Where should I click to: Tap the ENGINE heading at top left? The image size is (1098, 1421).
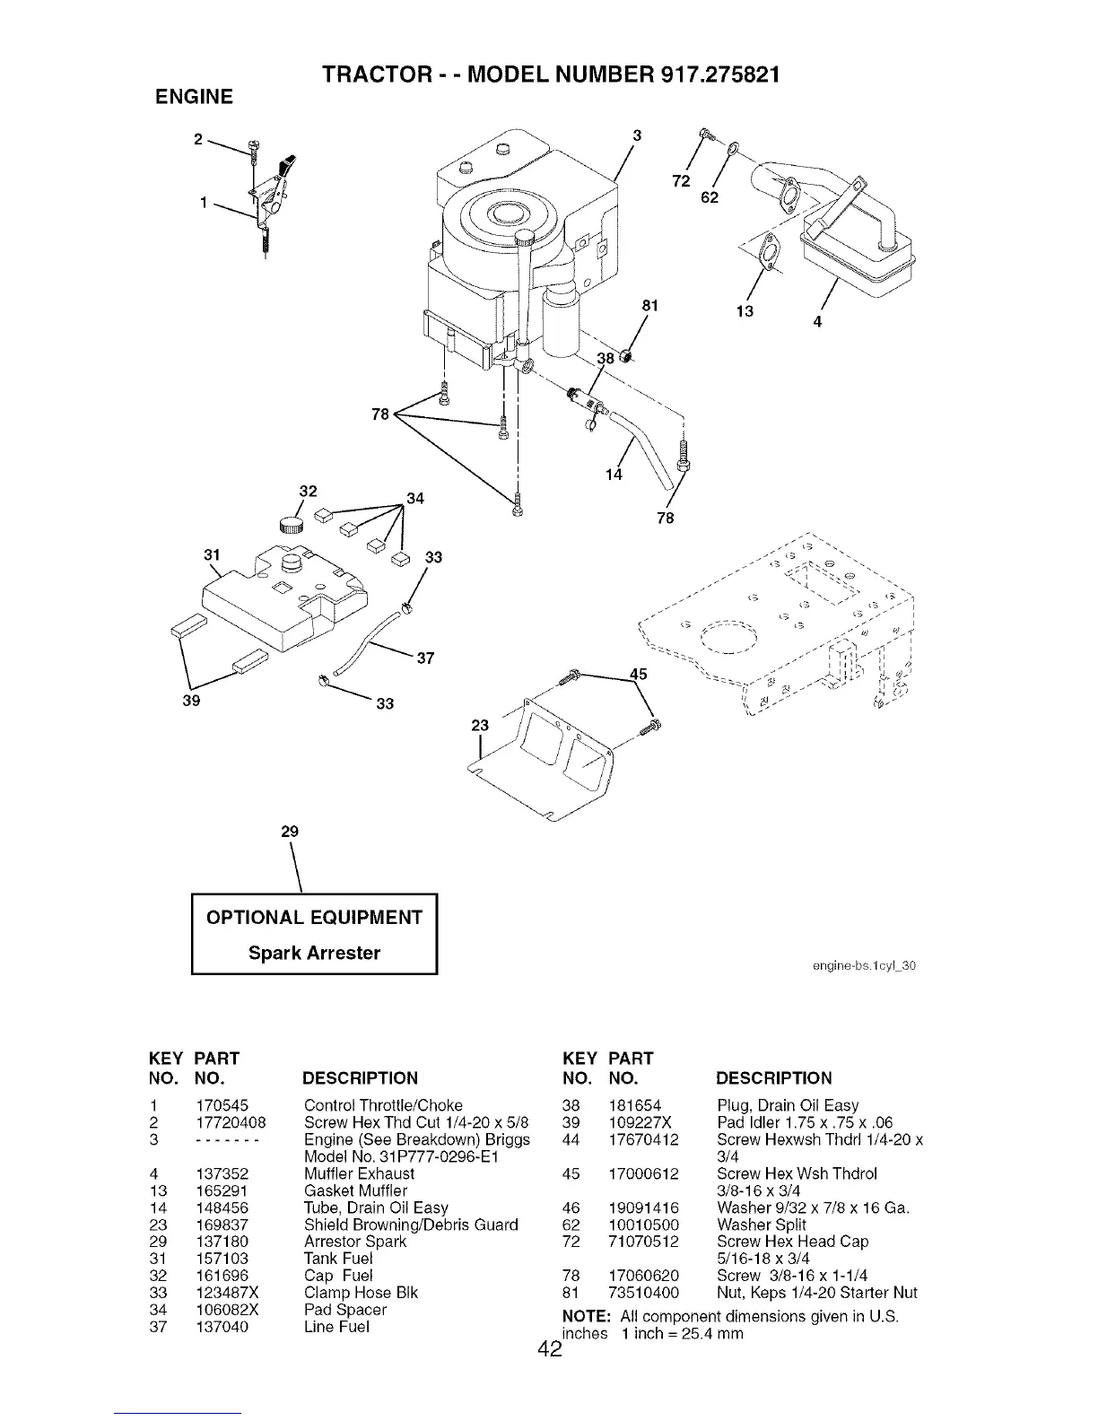point(195,97)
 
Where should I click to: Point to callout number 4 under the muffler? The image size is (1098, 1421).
point(817,321)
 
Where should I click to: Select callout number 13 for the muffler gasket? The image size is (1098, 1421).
point(745,311)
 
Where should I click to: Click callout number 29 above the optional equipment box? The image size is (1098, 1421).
point(289,832)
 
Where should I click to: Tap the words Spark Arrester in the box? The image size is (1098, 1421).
point(314,953)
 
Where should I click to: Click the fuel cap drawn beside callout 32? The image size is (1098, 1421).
point(292,525)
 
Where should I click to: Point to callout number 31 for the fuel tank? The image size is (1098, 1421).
point(213,554)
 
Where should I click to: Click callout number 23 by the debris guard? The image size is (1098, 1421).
point(480,726)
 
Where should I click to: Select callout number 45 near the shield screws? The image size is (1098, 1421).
point(638,674)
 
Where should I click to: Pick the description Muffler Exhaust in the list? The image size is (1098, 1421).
point(359,1173)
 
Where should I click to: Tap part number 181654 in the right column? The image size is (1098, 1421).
point(635,1105)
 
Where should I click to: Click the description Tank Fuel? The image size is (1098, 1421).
point(338,1259)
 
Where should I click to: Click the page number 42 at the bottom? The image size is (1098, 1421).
point(548,1349)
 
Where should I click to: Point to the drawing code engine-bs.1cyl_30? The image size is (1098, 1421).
point(861,966)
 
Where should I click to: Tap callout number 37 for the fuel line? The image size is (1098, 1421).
point(426,658)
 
